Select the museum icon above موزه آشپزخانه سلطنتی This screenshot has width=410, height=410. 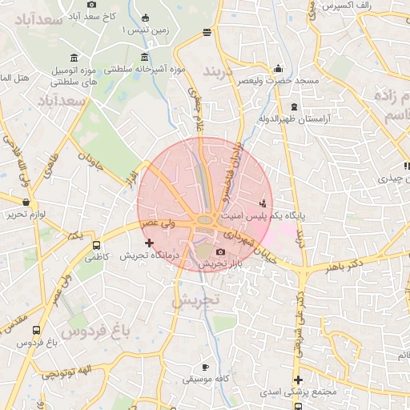[144, 57]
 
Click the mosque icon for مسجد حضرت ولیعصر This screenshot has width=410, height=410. [278, 68]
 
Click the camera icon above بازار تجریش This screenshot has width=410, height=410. [221, 252]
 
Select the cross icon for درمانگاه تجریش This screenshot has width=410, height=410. [149, 242]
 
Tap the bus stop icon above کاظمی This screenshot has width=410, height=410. [96, 246]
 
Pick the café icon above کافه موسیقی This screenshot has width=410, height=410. [206, 366]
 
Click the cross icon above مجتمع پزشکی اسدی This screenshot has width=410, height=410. [298, 380]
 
